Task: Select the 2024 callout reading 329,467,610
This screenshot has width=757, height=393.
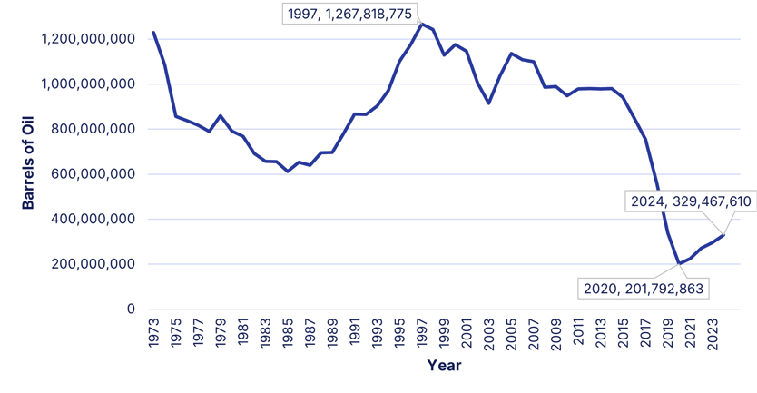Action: [691, 201]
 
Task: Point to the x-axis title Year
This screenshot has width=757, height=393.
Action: [445, 366]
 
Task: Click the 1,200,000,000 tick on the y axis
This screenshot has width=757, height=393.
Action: [89, 39]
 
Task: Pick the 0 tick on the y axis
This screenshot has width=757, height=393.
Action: [131, 309]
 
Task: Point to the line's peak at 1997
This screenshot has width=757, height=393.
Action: [422, 24]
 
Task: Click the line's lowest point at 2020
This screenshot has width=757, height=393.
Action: [679, 264]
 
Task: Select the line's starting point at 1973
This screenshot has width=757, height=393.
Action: [153, 32]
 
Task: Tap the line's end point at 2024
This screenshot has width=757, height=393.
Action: [723, 235]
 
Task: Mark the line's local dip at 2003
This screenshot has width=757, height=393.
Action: [489, 103]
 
